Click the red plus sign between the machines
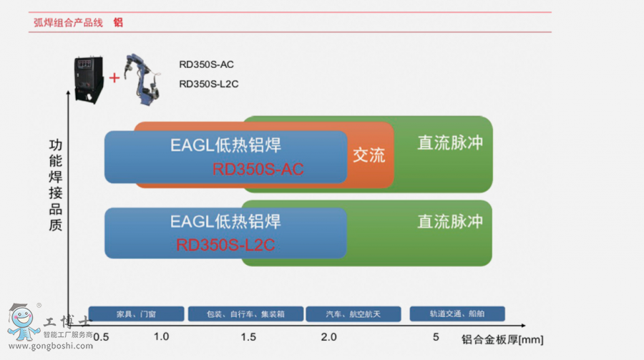pos(114,78)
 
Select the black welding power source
pos(88,79)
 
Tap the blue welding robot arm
pos(143,79)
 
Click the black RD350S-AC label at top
pos(206,64)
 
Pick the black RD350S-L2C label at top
pos(209,84)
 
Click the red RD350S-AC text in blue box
pos(258,169)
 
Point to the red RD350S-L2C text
pos(225,245)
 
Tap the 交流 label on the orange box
pos(369,155)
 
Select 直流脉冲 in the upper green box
pos(450,143)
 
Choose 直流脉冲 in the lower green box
pos(450,221)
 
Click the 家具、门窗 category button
pos(137,313)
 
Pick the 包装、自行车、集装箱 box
pos(245,313)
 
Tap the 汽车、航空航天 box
pos(353,313)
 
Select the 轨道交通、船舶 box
pos(457,313)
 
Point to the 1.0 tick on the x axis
pos(162,336)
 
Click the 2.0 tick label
pos(328,337)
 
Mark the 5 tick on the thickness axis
pos(436,337)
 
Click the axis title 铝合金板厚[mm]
pos(502,339)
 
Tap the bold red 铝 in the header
pos(118,23)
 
